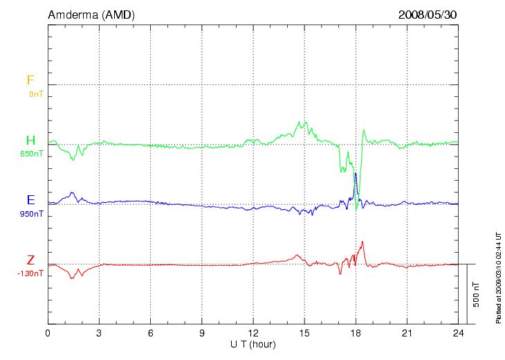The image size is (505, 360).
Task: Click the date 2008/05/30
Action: pyautogui.click(x=428, y=15)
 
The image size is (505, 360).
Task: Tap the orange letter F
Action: pyautogui.click(x=30, y=80)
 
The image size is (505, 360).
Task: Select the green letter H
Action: pyautogui.click(x=30, y=141)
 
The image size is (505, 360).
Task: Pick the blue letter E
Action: pyautogui.click(x=30, y=201)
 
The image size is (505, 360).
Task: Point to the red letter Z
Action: pyautogui.click(x=30, y=260)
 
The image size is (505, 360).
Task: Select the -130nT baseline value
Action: pyautogui.click(x=31, y=273)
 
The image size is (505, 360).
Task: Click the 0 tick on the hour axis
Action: pyautogui.click(x=48, y=333)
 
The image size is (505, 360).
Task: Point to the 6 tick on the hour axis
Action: pyautogui.click(x=151, y=333)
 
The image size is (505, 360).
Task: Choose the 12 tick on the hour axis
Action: pyautogui.click(x=253, y=333)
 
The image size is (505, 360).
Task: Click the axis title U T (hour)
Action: pyautogui.click(x=253, y=344)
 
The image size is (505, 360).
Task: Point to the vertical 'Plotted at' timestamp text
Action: pyautogui.click(x=498, y=277)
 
